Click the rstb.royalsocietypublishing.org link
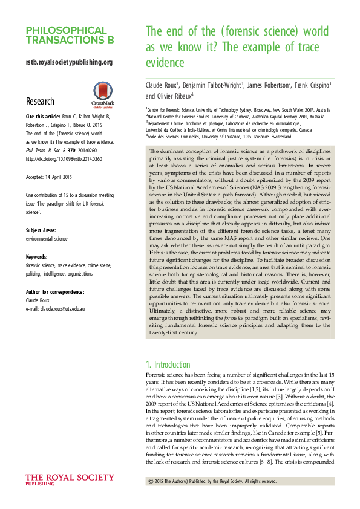coord(69,62)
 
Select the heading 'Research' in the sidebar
coord(40,101)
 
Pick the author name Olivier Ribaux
coord(175,96)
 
